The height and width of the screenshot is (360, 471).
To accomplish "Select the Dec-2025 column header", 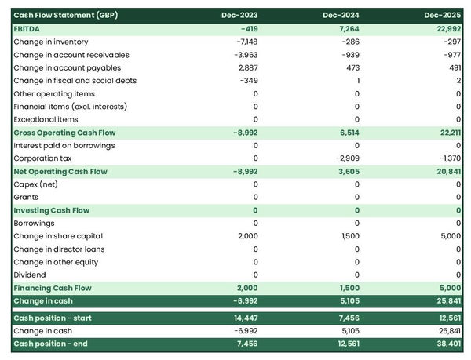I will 443,16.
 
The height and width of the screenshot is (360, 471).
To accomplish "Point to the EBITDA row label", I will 28,29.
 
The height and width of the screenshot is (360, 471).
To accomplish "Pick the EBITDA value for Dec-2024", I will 345,29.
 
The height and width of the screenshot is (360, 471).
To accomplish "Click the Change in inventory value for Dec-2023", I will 246,42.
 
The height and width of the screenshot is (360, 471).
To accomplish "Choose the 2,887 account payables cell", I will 247,67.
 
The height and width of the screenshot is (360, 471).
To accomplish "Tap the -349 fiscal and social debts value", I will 249,81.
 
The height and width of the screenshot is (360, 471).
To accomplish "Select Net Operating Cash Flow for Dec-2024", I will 346,171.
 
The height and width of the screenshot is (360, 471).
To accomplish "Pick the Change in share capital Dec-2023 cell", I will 246,236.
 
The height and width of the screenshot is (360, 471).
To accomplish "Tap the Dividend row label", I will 31,275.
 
